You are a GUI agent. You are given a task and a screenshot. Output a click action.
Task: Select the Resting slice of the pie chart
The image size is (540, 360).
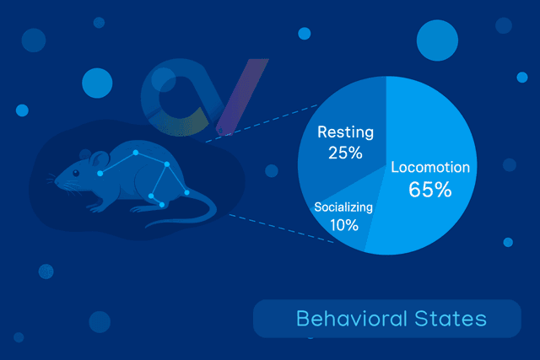point(337,110)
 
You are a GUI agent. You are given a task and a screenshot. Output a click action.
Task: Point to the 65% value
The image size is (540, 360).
point(429,189)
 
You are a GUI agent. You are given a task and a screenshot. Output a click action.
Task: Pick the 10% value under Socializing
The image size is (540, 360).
point(343,225)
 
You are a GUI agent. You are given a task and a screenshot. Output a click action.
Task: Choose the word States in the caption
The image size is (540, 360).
point(455,319)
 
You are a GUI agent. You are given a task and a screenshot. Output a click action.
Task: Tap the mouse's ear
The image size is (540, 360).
point(99,159)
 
